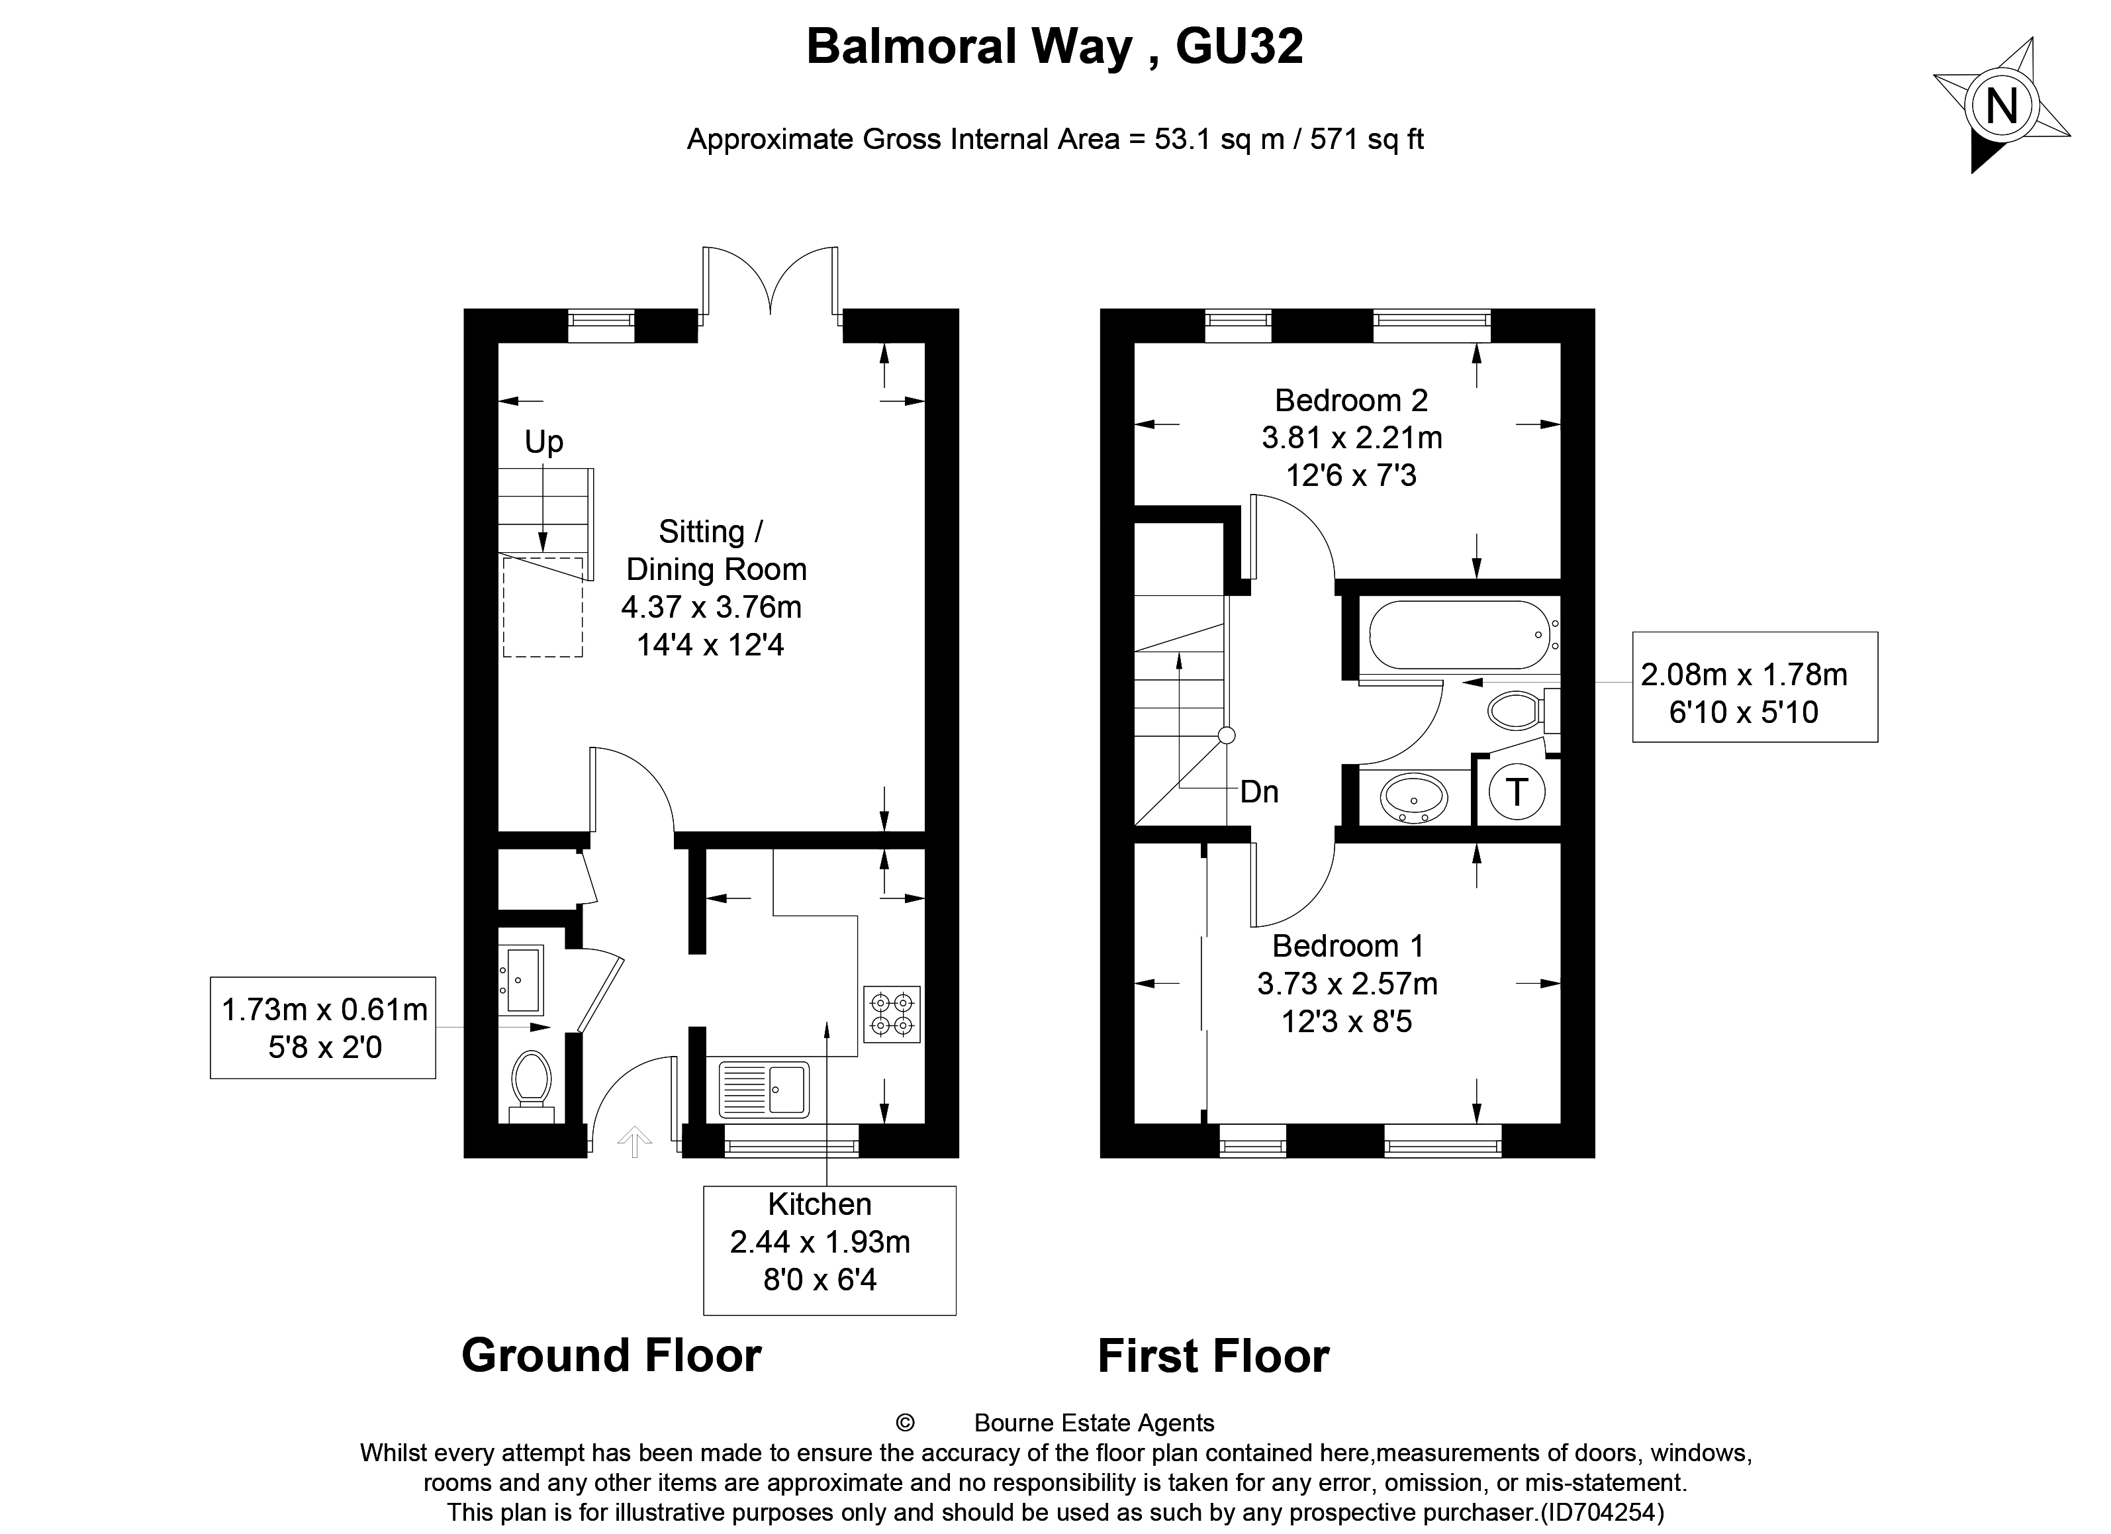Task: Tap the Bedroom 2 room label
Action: (1350, 401)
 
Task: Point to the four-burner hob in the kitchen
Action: (892, 1014)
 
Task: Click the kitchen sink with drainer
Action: (764, 1089)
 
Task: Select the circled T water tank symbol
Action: (1517, 792)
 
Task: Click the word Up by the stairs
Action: (543, 441)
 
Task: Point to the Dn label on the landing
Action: (1259, 792)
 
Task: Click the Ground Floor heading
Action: (612, 1355)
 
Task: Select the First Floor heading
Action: (1213, 1356)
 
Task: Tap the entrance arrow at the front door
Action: (634, 1140)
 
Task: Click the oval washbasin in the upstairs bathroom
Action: (1413, 798)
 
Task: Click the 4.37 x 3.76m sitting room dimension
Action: (711, 607)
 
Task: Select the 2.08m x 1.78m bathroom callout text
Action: (1744, 675)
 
